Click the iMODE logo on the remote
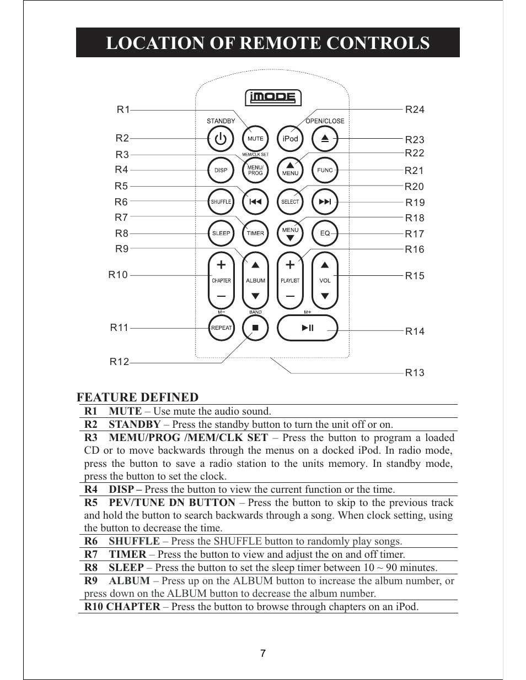tap(273, 98)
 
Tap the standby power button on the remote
tap(221, 139)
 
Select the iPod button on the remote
tap(290, 139)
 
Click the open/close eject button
tap(325, 139)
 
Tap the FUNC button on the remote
tap(325, 170)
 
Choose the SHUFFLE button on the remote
tap(221, 202)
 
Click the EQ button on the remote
tap(325, 233)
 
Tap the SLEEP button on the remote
tap(221, 233)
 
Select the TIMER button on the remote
tap(255, 233)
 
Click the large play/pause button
tap(307, 328)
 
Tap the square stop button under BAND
tap(255, 328)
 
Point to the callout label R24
tap(415, 110)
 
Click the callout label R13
tap(415, 373)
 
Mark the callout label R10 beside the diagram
tap(118, 275)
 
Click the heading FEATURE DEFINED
tap(137, 397)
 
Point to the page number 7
tap(263, 654)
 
